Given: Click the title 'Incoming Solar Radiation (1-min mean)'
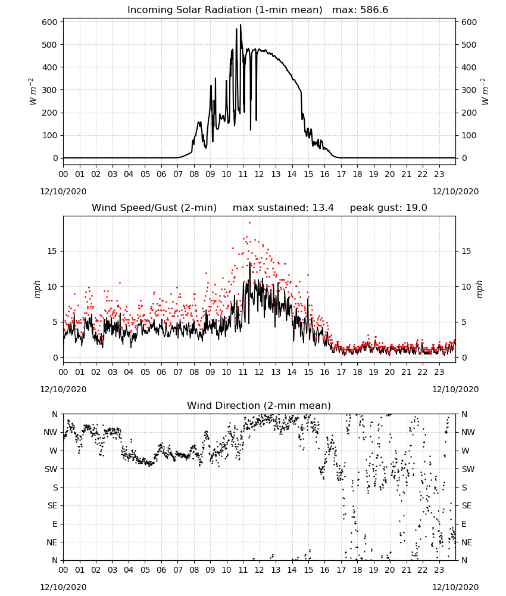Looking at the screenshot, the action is point(224,10).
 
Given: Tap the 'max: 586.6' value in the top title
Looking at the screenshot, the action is point(360,10).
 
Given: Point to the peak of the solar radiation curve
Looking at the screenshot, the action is point(240,24).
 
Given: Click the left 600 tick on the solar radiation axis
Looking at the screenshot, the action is point(50,22).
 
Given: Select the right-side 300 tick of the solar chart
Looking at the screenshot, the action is point(469,90).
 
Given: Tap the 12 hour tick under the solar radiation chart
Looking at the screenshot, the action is point(260,175).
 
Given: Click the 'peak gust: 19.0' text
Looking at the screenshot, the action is point(388,208).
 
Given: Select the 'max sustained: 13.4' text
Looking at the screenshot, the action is point(283,208).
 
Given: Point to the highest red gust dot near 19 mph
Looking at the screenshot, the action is point(249,223).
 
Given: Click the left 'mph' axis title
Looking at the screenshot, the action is point(37,289).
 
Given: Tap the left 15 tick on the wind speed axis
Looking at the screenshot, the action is point(52,251).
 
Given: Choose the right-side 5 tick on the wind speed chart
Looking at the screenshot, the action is point(464,322).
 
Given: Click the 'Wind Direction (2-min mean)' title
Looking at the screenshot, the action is point(259,405).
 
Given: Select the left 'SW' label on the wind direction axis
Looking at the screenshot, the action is point(51,469).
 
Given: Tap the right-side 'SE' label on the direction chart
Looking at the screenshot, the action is point(467,505).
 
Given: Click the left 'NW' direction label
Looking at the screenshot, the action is point(51,433).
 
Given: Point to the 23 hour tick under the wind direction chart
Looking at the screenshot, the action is point(439,570).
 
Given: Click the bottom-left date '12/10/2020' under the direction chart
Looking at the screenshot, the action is point(63,587).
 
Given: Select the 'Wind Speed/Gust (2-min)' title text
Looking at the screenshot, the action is point(154,208).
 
